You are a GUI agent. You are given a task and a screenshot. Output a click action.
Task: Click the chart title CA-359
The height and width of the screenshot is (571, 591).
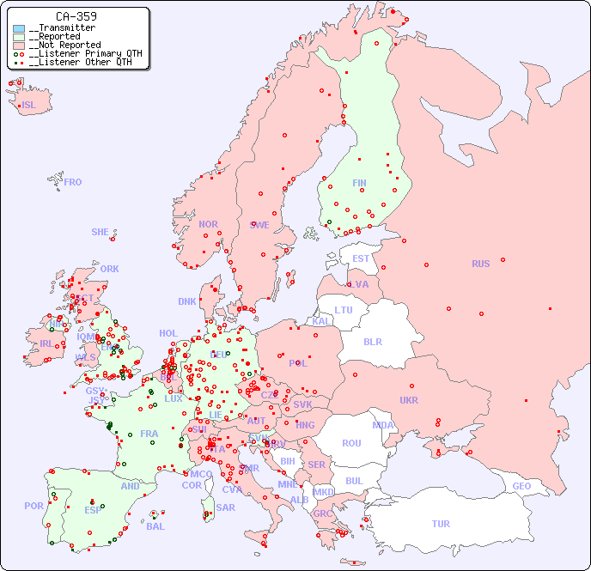pyautogui.click(x=76, y=16)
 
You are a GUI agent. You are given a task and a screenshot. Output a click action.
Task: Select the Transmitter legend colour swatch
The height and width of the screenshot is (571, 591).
pyautogui.click(x=19, y=28)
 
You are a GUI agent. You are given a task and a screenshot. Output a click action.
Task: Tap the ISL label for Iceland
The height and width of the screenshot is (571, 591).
pyautogui.click(x=29, y=106)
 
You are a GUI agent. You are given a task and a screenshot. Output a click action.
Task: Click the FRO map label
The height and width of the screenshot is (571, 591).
pyautogui.click(x=73, y=182)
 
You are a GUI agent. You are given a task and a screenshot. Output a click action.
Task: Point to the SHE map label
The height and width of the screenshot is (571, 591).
pyautogui.click(x=101, y=232)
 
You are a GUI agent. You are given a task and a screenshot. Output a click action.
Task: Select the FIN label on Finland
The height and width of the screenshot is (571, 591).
pyautogui.click(x=359, y=183)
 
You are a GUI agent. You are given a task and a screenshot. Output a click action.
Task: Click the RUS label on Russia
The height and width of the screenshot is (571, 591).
pyautogui.click(x=480, y=264)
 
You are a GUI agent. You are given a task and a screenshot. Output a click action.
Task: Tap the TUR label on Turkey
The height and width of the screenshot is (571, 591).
pyautogui.click(x=441, y=524)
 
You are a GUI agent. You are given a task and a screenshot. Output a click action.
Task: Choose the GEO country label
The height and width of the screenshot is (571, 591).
pyautogui.click(x=521, y=486)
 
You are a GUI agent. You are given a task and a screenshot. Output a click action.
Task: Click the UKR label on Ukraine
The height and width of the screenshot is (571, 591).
pyautogui.click(x=409, y=400)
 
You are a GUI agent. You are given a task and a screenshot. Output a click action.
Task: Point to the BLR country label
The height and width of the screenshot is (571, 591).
pyautogui.click(x=373, y=341)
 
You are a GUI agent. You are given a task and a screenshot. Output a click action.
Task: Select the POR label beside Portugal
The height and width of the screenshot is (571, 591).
pyautogui.click(x=34, y=506)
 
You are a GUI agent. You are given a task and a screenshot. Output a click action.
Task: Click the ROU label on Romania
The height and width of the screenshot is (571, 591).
pyautogui.click(x=352, y=443)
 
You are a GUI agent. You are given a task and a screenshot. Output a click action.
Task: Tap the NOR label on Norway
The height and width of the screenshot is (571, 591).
pyautogui.click(x=208, y=224)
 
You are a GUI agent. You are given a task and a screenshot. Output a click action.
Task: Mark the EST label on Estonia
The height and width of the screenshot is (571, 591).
pyautogui.click(x=361, y=258)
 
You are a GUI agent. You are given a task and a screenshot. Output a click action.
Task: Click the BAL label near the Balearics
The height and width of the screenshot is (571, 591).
pyautogui.click(x=155, y=526)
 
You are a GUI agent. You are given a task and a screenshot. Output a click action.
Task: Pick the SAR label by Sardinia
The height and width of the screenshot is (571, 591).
pyautogui.click(x=225, y=507)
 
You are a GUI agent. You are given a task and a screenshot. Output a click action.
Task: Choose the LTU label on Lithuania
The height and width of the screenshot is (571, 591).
pyautogui.click(x=344, y=310)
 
